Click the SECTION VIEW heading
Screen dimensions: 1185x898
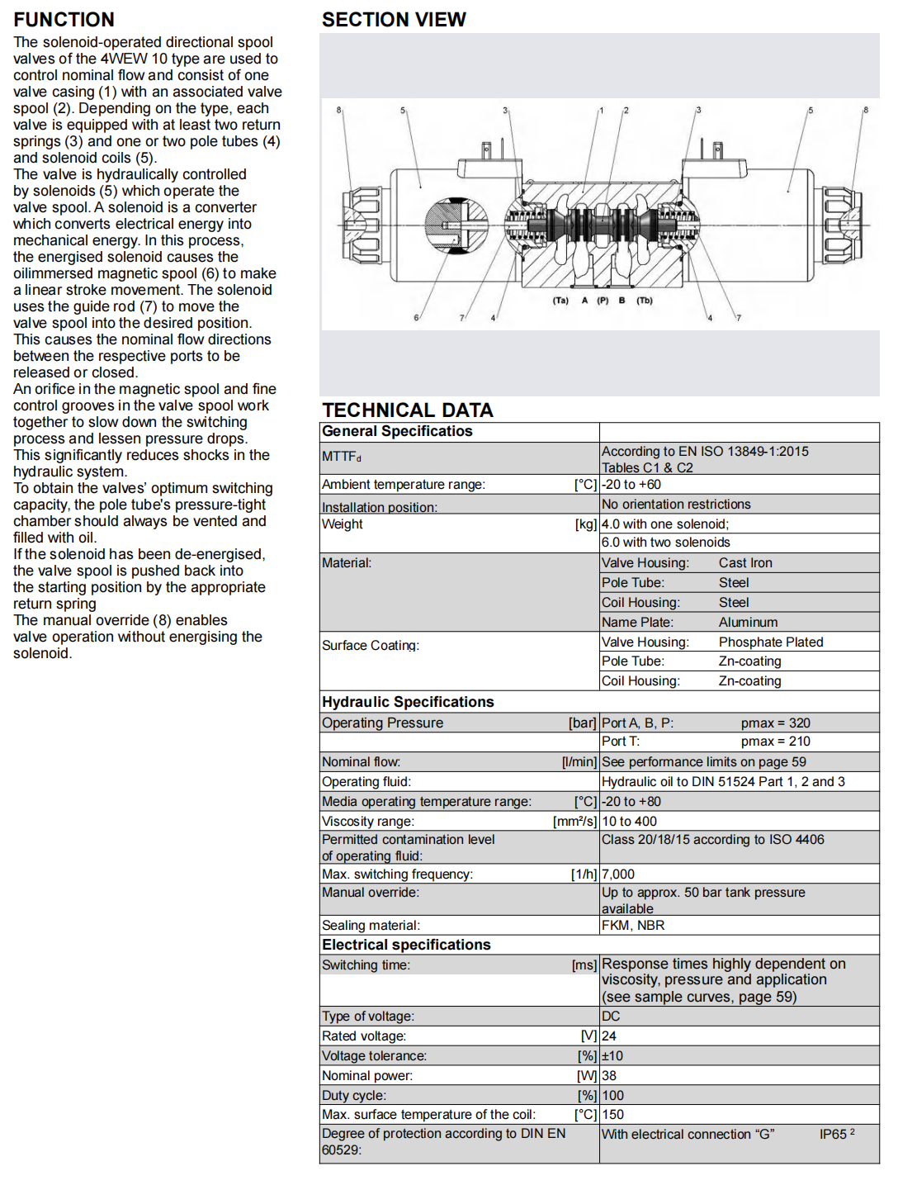coord(394,20)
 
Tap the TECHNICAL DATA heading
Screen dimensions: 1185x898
coord(408,410)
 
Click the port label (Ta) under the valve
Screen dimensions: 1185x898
coord(560,301)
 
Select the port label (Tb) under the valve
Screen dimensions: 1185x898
coord(645,301)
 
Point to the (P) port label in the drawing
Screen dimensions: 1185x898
coord(603,301)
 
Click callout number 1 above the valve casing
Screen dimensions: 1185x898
coord(601,110)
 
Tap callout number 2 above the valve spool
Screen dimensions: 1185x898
coord(626,110)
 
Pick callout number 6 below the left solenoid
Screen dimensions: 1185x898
coord(416,318)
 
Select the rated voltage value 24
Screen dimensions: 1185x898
coord(609,1036)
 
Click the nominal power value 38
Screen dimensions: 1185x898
coord(609,1076)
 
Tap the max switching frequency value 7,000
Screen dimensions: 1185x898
coord(618,875)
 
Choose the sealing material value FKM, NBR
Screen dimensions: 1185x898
coord(633,926)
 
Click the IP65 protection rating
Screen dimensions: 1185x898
coord(834,1135)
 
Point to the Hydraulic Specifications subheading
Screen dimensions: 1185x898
coord(408,702)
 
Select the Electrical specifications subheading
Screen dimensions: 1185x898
coord(406,945)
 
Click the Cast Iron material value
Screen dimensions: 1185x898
coord(745,563)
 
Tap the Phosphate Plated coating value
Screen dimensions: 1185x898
coord(771,642)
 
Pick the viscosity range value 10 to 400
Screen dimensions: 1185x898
coord(629,822)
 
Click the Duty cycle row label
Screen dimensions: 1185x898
coord(354,1096)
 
